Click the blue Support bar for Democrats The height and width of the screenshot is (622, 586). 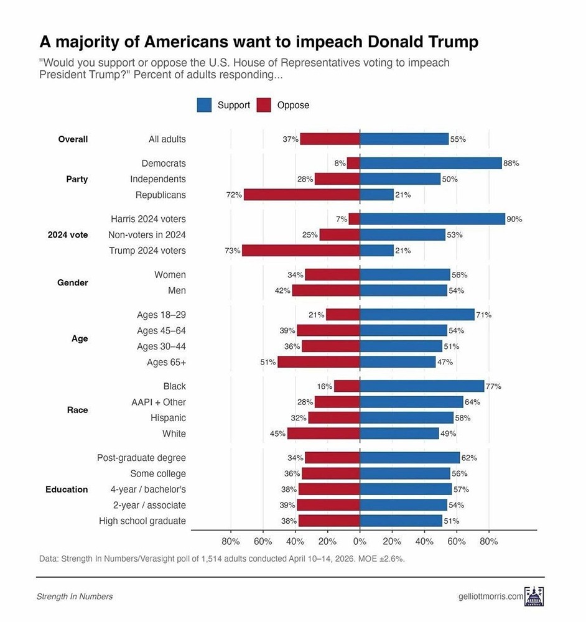point(430,163)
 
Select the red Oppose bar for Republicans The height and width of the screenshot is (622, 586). point(302,195)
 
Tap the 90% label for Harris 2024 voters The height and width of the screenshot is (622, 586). point(514,219)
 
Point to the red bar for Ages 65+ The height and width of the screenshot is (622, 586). point(319,362)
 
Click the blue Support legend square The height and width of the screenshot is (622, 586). point(204,105)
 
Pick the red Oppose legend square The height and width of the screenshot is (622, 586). point(264,105)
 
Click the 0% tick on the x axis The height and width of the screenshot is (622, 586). point(360,541)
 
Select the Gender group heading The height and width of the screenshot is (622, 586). point(73,282)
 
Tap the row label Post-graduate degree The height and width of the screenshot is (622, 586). point(141,458)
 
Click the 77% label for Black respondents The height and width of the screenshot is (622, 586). point(493,386)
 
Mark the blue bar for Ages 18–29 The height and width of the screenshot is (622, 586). point(417,315)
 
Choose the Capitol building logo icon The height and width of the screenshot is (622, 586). point(534,596)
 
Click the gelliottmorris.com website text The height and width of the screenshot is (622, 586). point(490,596)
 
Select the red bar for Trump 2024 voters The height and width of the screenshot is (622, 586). point(300,251)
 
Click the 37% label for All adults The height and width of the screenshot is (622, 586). point(291,139)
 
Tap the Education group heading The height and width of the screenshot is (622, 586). point(67,490)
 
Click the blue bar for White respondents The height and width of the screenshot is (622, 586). point(399,434)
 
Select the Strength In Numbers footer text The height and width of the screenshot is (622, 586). point(75,596)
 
